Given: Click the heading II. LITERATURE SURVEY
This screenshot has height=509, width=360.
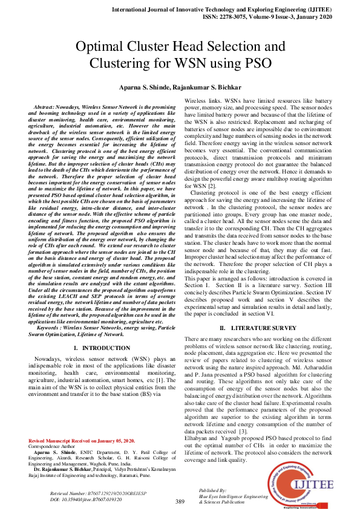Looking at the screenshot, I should tap(257, 328).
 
